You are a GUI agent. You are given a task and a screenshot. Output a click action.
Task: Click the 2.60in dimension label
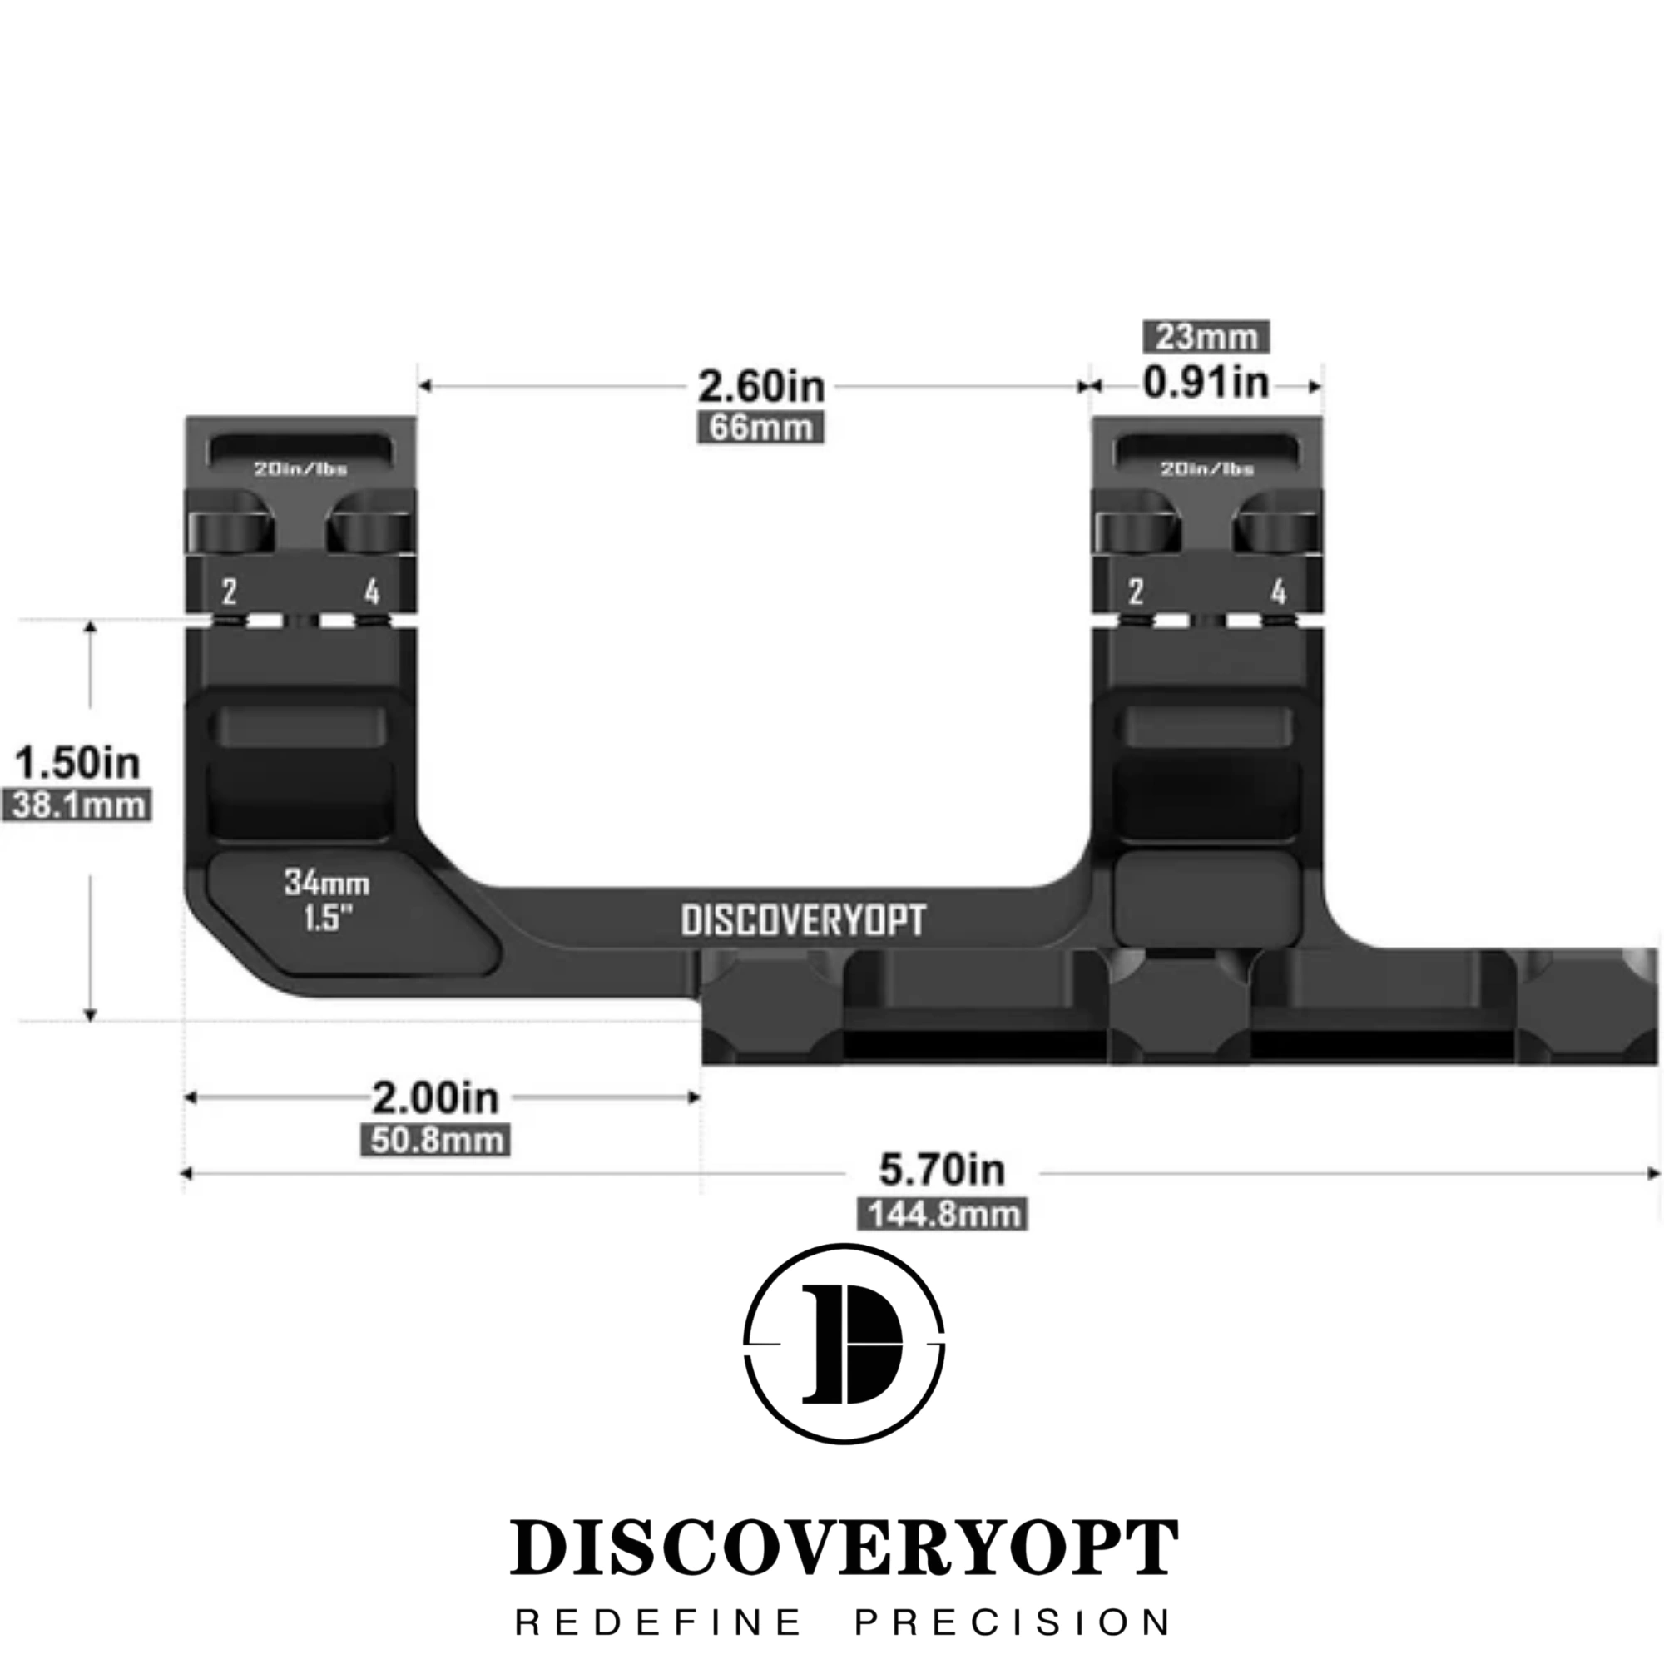coord(760,387)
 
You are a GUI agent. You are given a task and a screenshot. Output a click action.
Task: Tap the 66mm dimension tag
coord(760,428)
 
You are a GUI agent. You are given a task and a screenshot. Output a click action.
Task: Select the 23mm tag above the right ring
coord(1206,337)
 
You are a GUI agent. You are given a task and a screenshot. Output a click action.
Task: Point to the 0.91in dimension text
coord(1206,384)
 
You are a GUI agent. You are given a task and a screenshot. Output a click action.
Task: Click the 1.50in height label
coord(77,763)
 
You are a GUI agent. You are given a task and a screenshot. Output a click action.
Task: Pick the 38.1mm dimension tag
coord(77,805)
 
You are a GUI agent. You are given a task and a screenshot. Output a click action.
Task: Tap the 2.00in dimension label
coord(435,1098)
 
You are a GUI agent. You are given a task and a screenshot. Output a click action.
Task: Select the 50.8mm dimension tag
coord(435,1141)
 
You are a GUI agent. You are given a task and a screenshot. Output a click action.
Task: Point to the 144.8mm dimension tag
coord(943,1215)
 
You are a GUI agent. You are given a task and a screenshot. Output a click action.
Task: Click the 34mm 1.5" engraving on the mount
coord(327,901)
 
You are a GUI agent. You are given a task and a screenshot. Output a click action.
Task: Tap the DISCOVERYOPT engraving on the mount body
coord(804,921)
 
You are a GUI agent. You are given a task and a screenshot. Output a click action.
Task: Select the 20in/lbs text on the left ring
coord(300,469)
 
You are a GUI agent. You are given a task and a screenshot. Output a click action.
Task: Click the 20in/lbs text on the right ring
coord(1207,469)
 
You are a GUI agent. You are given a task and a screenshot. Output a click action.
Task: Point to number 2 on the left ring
coord(229,592)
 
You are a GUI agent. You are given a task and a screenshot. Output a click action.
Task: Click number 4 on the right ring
coord(1279,592)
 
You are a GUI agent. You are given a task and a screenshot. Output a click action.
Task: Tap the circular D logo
coord(844,1344)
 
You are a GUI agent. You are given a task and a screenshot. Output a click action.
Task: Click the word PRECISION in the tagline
coord(1013,1622)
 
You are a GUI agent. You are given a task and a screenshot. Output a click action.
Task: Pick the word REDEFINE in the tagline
coord(659,1622)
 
